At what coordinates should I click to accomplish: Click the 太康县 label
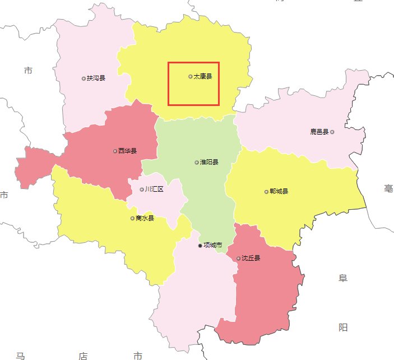click(203, 76)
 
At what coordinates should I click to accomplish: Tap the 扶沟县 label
click(96, 79)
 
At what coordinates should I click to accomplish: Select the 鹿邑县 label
click(319, 132)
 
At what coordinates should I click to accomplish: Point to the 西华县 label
click(128, 151)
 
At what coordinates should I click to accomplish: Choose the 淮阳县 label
click(209, 163)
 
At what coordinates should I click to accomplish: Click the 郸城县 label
click(279, 192)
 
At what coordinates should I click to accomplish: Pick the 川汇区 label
click(154, 190)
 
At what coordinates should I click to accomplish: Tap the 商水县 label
click(145, 219)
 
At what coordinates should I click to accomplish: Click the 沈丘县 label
click(251, 259)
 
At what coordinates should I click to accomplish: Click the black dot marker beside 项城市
click(200, 246)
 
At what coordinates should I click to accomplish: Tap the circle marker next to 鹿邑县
click(332, 132)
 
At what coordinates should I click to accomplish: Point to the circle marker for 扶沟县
click(84, 79)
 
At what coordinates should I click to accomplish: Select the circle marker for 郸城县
click(266, 192)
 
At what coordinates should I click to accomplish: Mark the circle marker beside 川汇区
click(142, 190)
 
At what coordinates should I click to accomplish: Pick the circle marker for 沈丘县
click(239, 259)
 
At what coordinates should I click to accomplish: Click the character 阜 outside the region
click(343, 278)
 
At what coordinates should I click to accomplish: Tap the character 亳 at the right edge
click(388, 189)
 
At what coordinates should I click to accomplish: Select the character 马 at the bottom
click(21, 356)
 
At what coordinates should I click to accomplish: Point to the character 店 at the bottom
click(83, 356)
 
